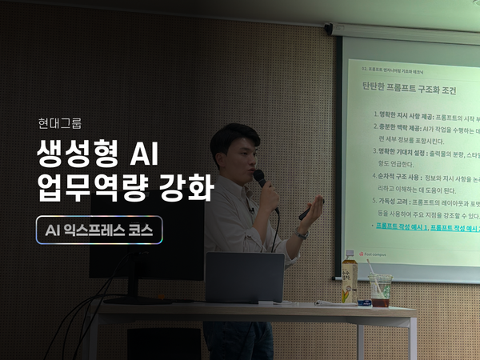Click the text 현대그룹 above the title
tap(59, 124)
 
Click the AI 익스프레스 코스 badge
tap(99, 230)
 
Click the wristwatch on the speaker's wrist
tap(301, 232)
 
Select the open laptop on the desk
tap(245, 277)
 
